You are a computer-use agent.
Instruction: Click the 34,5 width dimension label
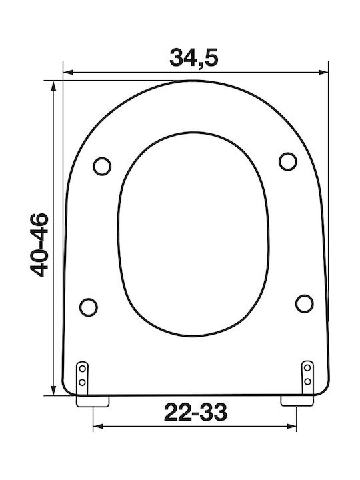coord(194,58)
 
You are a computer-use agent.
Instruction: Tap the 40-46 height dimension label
coord(39,245)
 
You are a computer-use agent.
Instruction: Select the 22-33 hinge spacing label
coord(195,412)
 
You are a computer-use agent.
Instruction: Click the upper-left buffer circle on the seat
coord(102,166)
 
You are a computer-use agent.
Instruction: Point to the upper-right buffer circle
coord(288,161)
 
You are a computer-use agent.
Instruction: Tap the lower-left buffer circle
coord(89,307)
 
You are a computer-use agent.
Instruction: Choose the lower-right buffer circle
coord(304,303)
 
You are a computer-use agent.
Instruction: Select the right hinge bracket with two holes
coord(307,377)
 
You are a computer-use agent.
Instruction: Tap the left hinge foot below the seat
coord(93,401)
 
